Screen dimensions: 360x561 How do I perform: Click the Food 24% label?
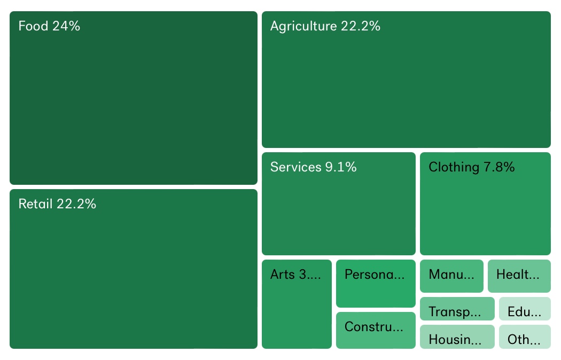[x=49, y=26]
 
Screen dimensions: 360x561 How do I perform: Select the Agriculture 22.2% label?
[x=325, y=26]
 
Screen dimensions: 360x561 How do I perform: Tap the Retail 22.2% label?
[x=57, y=204]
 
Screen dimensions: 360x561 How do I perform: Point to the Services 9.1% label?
[x=313, y=167]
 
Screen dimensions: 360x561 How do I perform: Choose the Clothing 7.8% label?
[x=471, y=167]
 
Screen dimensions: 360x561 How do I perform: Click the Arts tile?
[x=297, y=304]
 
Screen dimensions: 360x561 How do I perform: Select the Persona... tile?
[x=375, y=284]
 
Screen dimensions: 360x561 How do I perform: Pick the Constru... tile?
[x=375, y=330]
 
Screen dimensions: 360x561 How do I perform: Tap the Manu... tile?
[x=451, y=276]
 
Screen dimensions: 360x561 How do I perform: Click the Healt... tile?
[x=519, y=276]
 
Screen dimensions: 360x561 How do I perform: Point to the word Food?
[x=33, y=26]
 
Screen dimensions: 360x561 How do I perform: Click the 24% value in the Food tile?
[x=66, y=26]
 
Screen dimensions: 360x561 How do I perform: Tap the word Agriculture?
[x=303, y=26]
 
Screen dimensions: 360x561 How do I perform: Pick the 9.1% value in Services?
[x=340, y=167]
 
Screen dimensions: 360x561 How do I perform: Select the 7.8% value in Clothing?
[x=499, y=167]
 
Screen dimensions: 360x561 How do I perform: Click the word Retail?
[x=35, y=204]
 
